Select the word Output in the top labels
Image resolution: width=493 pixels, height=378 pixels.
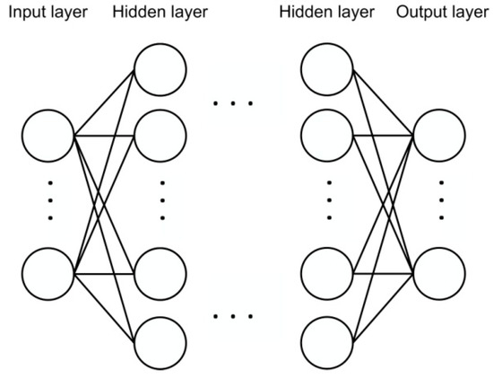pos(396,13)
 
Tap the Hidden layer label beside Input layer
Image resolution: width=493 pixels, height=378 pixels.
pos(160,13)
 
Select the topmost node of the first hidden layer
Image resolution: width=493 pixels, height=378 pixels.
pos(160,68)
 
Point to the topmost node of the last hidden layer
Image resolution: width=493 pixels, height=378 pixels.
pos(327,68)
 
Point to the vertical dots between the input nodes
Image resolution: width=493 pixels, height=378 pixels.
pos(49,202)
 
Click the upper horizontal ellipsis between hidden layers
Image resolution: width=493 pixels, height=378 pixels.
pos(234,103)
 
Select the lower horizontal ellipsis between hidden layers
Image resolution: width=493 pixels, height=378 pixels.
pos(234,316)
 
